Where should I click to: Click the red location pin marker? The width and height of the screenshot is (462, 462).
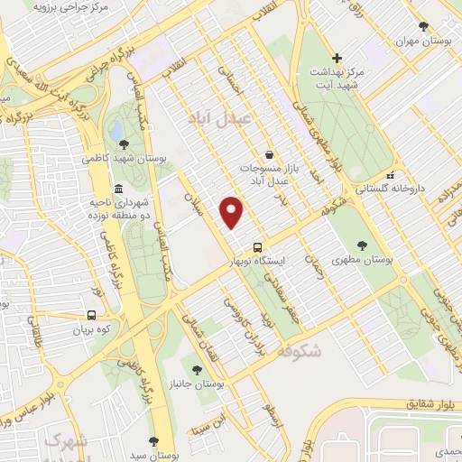(233, 211)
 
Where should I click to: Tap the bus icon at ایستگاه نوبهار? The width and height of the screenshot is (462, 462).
(258, 246)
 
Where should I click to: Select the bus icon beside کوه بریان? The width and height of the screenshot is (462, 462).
(91, 316)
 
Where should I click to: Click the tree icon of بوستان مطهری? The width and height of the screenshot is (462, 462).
(363, 245)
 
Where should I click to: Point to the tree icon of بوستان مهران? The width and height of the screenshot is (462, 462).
(422, 26)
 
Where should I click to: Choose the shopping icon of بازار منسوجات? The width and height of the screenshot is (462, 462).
(268, 154)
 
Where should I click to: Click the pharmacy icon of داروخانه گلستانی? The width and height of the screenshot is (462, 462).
(390, 175)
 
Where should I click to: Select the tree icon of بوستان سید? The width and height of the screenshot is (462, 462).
(154, 441)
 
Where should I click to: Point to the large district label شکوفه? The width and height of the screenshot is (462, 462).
(300, 352)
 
